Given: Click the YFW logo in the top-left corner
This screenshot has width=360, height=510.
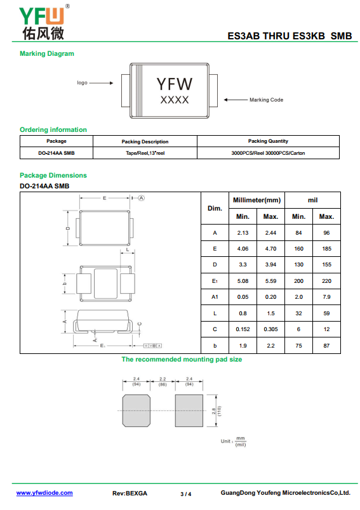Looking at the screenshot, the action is click(44, 22).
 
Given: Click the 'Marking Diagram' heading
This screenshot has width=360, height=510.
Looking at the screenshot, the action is click(47, 54).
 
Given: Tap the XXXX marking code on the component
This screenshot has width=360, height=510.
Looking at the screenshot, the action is click(175, 100).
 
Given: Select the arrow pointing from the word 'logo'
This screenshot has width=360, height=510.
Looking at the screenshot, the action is click(101, 83).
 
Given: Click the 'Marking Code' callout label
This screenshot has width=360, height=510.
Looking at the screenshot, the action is click(266, 100).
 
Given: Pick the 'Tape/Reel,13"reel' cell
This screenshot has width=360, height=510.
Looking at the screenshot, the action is click(145, 153).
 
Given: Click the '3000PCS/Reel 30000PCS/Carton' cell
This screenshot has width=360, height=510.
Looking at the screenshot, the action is click(268, 153).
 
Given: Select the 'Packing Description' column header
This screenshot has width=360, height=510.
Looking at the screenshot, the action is click(145, 141).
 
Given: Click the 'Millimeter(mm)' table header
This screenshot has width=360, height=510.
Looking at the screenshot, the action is click(257, 200).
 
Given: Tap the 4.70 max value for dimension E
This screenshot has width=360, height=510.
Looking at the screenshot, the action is click(271, 249).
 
